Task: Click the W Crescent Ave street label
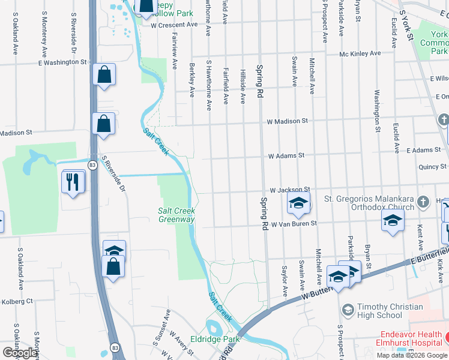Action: coord(174,25)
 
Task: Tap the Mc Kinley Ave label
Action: coord(360,53)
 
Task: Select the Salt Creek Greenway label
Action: coord(176,215)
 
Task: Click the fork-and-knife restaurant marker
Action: coord(73,182)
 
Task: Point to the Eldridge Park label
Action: coord(215,339)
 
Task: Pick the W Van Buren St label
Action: coord(294,224)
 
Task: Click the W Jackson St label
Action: coord(290,190)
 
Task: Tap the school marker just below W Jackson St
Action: coord(298,204)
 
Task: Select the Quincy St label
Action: coord(433,166)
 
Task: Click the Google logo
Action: coord(20,353)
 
